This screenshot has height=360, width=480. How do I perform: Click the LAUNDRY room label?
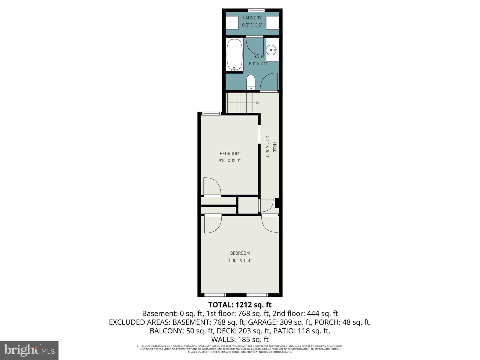(252, 18)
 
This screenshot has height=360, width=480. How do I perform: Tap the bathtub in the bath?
(235, 55)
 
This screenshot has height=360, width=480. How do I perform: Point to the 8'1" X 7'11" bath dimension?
(258, 64)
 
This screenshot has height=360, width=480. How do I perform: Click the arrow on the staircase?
(258, 103)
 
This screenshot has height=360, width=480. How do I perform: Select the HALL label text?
(274, 147)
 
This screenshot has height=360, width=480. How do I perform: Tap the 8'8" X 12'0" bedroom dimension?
(229, 161)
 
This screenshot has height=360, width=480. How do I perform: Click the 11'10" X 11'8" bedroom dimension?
(240, 260)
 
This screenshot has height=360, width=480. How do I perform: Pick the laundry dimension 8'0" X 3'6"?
(252, 25)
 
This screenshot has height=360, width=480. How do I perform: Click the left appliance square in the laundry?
(232, 22)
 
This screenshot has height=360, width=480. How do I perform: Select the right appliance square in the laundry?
(272, 22)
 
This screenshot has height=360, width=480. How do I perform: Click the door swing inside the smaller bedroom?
(212, 187)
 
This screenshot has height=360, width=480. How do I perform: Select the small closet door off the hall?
(266, 206)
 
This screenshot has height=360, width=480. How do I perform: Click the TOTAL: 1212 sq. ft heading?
(240, 305)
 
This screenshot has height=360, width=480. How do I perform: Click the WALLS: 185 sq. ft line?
(240, 340)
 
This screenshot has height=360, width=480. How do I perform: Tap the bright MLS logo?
(29, 350)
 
